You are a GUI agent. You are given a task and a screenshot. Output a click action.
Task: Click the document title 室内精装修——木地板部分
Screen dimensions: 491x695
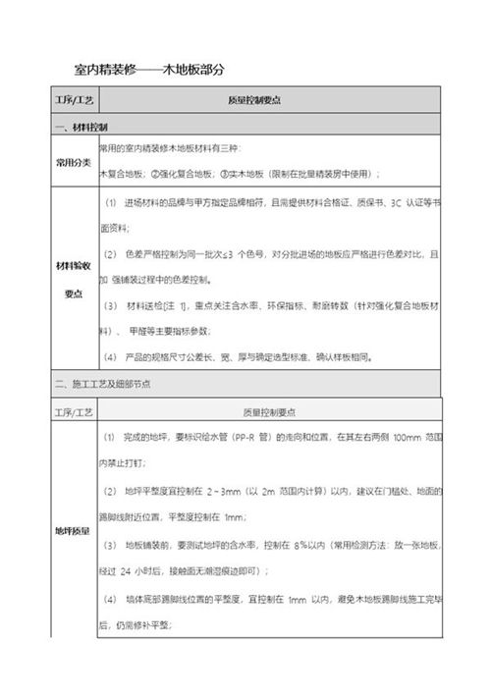[x=149, y=70]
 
